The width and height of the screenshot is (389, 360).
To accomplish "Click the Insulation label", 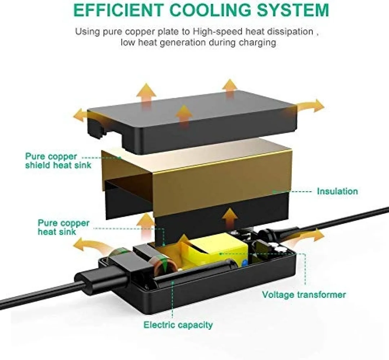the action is point(337,191).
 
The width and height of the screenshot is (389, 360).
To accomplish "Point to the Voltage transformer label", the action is point(304,294).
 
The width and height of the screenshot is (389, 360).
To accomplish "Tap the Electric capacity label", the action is point(178,325).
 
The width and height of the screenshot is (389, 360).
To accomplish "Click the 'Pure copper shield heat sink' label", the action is point(58,161).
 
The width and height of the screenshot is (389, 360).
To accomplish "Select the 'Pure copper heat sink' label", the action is point(63,227).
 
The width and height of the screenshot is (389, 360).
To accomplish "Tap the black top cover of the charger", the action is point(192,121).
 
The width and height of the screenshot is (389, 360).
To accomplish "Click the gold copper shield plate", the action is point(196,174).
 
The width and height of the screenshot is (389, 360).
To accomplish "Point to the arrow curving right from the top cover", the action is point(310,106).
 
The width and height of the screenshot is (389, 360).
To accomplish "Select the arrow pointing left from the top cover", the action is point(80,115).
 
